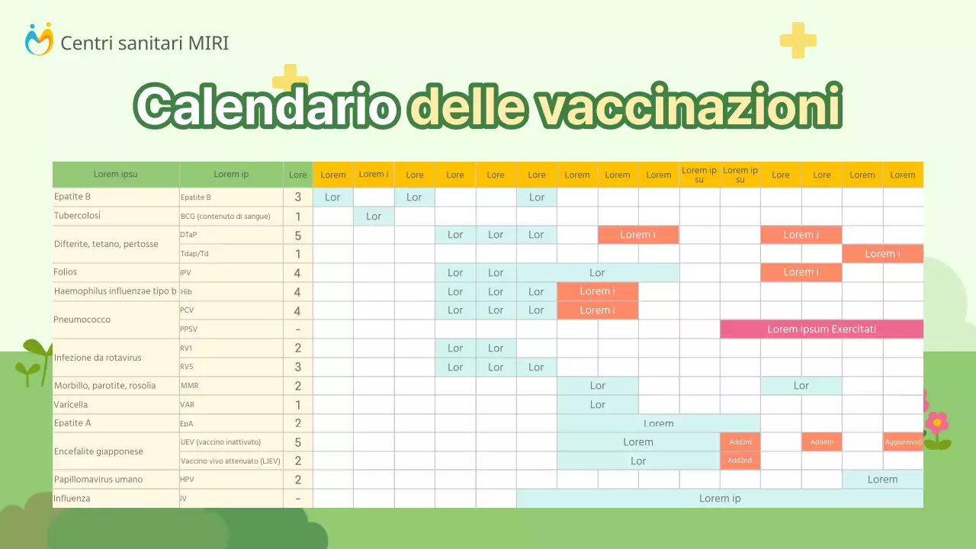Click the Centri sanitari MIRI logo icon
39,40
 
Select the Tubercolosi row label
77,216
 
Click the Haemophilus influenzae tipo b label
115,291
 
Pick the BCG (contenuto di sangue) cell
225,217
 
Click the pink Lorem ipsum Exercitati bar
821,329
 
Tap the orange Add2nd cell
740,461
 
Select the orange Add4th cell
821,442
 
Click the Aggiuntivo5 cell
903,442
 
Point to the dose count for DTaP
297,235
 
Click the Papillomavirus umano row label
98,480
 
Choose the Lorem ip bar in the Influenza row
720,499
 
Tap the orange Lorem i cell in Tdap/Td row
882,254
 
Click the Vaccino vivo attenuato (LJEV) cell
230,461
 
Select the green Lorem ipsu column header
116,175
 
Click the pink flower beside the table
936,422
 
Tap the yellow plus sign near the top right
798,40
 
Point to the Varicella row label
71,405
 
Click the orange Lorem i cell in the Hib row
597,291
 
